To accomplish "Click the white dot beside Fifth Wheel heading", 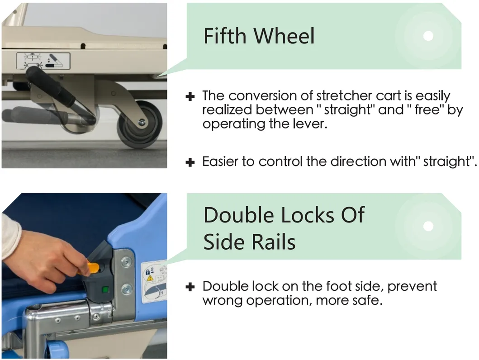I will [x=428, y=36].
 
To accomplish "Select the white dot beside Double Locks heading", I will [x=428, y=226].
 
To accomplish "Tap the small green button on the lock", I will [x=105, y=289].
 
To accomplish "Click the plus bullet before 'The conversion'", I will [x=190, y=97].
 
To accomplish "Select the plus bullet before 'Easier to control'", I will [x=190, y=162].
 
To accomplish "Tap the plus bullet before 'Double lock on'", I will [x=190, y=287].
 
